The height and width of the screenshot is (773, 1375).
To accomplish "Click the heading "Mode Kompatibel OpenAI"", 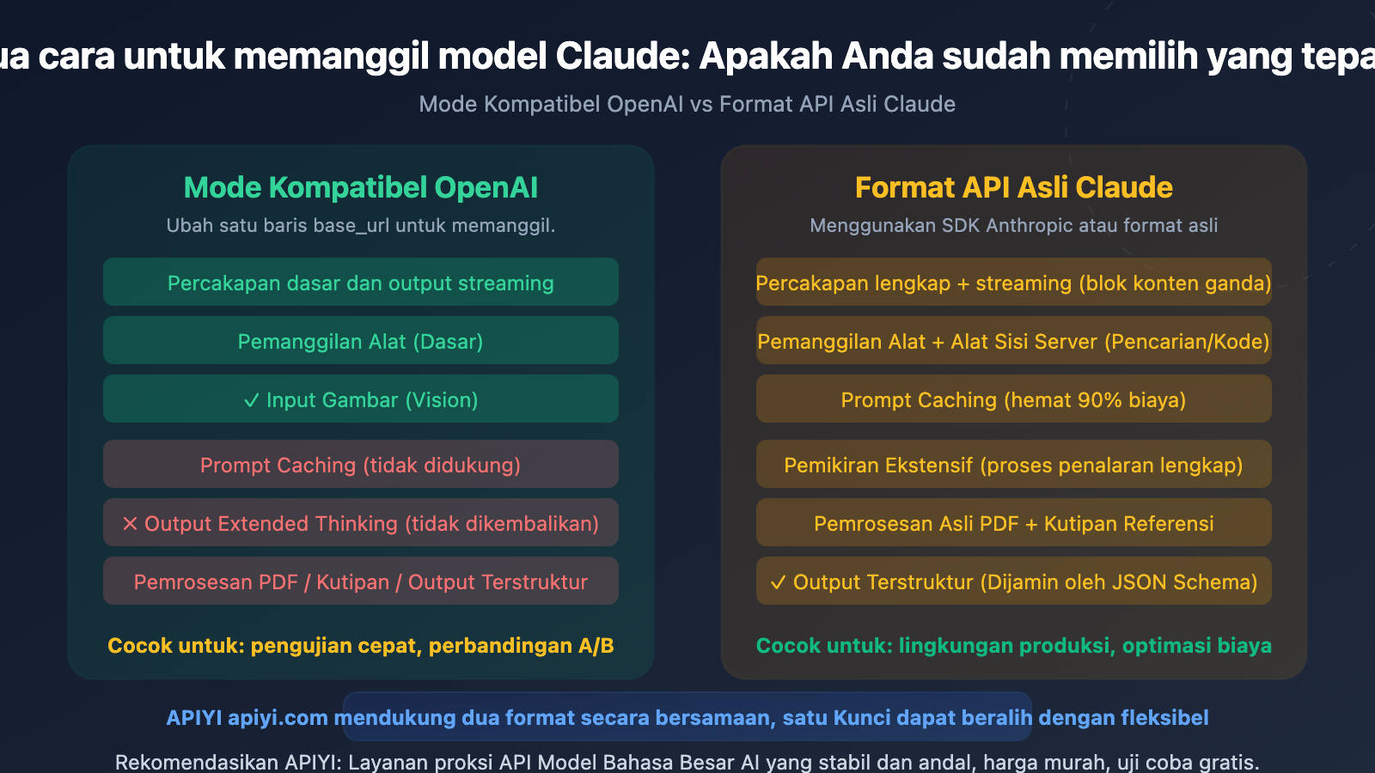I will click(360, 187).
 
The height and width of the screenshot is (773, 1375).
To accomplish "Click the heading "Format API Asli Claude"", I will click(1013, 187).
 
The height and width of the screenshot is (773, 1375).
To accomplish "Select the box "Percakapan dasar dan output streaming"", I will click(360, 283).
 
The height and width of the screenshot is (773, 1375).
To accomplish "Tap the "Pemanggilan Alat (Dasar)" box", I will click(360, 341).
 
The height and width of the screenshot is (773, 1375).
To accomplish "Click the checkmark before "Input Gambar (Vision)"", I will click(251, 400).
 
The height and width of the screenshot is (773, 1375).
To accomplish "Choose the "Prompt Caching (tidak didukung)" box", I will click(360, 465).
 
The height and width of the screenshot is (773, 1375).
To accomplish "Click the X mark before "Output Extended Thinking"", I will click(130, 524).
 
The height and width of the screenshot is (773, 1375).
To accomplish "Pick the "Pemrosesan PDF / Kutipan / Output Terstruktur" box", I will click(360, 581).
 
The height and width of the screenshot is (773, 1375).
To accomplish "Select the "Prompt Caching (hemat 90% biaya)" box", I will click(1013, 399).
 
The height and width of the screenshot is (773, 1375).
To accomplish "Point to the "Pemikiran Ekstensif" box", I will click(1013, 465).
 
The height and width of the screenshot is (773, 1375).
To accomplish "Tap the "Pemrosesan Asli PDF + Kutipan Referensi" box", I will click(1013, 523).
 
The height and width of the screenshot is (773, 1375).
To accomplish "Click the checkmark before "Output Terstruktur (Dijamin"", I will click(778, 582).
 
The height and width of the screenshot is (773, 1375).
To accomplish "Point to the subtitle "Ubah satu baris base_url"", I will click(360, 225).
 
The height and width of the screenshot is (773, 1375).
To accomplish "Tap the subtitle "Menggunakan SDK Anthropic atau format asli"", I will click(1013, 225).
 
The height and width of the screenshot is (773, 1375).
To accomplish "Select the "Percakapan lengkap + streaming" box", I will click(1013, 283).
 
